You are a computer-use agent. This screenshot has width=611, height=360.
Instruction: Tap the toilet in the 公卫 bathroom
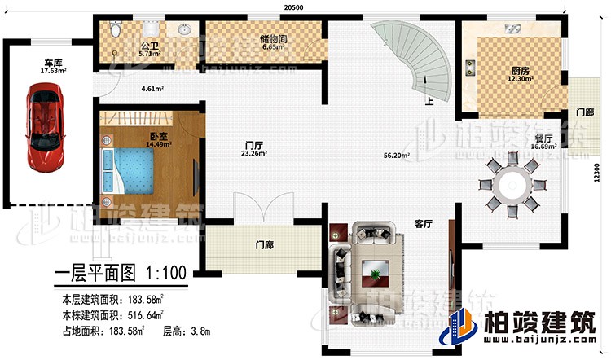(116, 31)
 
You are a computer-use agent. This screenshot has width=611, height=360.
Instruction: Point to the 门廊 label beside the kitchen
(585, 112)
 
